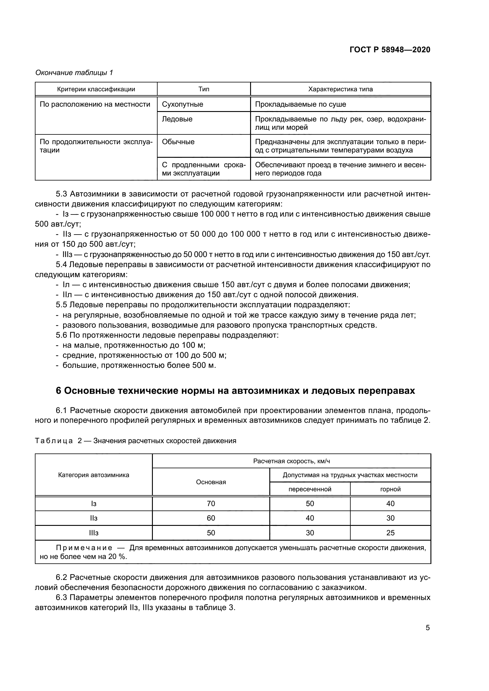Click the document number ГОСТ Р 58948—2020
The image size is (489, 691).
tap(390, 50)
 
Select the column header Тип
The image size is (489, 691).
tap(204, 89)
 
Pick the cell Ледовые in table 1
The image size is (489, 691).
tap(177, 119)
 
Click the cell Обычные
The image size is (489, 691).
tap(178, 142)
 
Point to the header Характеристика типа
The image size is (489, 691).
tap(341, 89)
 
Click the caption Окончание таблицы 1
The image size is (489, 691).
tap(74, 73)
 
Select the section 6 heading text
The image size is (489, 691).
tap(235, 391)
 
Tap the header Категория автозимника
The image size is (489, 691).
tap(94, 475)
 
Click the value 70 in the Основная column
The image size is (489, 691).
tap(211, 503)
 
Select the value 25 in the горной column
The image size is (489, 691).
tap(390, 533)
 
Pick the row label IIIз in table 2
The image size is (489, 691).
tap(94, 533)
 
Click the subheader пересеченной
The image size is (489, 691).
tap(310, 489)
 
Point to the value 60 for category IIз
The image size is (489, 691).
tap(211, 518)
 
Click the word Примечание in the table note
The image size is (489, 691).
tap(84, 548)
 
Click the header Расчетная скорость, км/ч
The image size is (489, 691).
tap(292, 461)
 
